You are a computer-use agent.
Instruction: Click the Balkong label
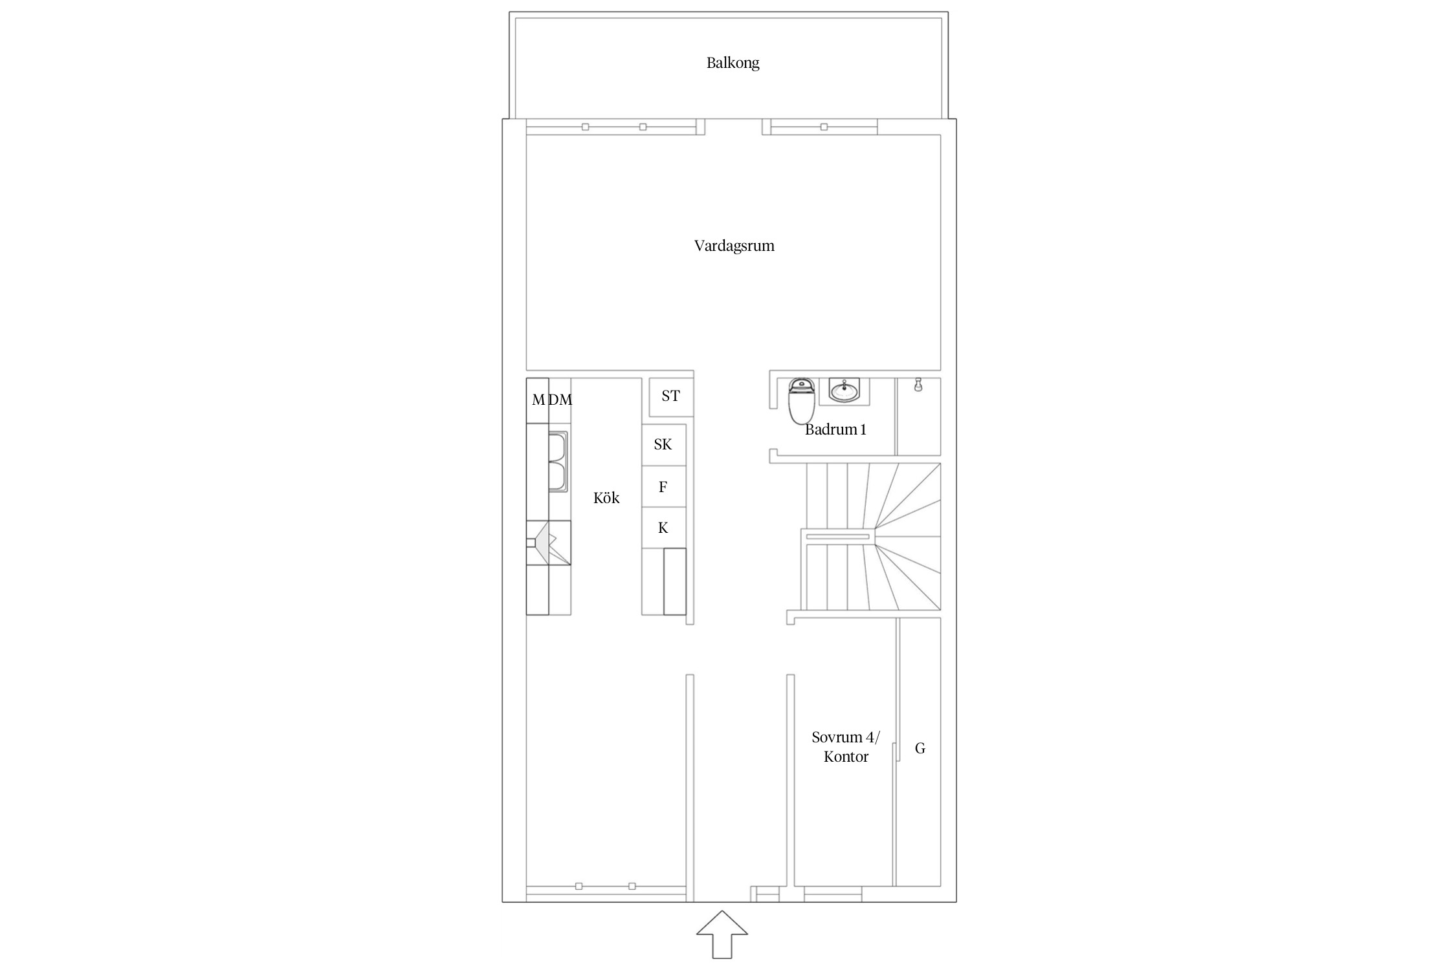tap(733, 63)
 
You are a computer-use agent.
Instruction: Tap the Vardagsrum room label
tap(734, 246)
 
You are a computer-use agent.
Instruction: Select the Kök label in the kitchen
tap(606, 497)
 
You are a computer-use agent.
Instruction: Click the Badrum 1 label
tap(835, 429)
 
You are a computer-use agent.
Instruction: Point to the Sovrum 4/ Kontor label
tap(846, 747)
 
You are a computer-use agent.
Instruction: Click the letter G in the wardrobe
tap(920, 748)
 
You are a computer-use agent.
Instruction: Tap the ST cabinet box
tap(671, 396)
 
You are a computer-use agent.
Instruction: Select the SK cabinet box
tap(663, 444)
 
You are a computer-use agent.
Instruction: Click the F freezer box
tap(663, 486)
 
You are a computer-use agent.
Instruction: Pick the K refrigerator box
tap(663, 528)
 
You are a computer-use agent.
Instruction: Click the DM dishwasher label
tap(560, 400)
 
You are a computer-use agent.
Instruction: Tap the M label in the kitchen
tap(538, 400)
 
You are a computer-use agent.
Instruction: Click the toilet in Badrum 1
tap(801, 400)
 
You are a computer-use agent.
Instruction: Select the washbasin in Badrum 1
tap(844, 391)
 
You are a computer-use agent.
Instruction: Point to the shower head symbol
tap(918, 385)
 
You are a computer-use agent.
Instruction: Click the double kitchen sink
tap(558, 462)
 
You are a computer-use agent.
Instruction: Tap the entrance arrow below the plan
tap(722, 934)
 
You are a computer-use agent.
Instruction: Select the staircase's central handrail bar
tap(837, 537)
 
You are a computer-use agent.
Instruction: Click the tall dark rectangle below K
tap(675, 581)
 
